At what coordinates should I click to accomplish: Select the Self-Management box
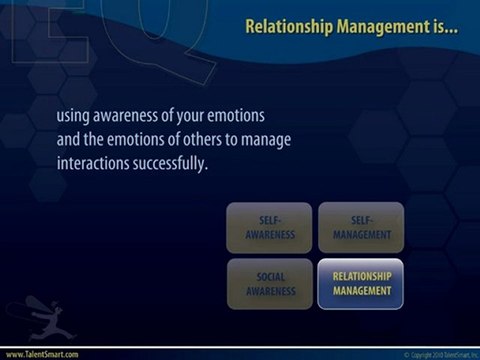tap(361, 227)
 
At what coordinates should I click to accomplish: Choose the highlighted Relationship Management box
tap(361, 283)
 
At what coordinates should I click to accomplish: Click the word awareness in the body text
tap(142, 116)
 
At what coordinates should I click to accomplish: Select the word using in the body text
tap(76, 116)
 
